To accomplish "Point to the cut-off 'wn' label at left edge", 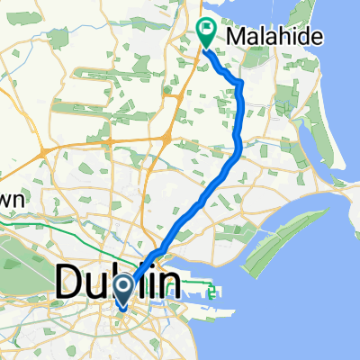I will click(x=14, y=196).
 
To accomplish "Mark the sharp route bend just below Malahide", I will click(x=241, y=84).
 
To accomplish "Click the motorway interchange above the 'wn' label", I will click(x=43, y=154).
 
